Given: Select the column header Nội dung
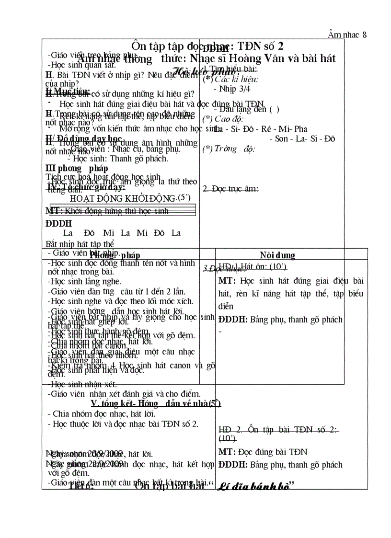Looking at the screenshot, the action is pyautogui.click(x=277, y=255).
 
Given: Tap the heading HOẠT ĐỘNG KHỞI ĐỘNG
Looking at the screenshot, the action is pyautogui.click(x=123, y=198).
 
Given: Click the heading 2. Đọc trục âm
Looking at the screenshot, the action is pyautogui.click(x=231, y=189).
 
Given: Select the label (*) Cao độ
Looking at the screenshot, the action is pyautogui.click(x=216, y=119).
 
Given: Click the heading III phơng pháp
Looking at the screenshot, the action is pyautogui.click(x=77, y=168).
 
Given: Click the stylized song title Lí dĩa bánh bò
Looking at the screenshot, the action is pyautogui.click(x=254, y=487).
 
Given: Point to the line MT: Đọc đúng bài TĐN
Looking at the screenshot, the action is pyautogui.click(x=263, y=452).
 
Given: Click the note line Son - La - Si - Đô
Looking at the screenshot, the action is pyautogui.click(x=302, y=139).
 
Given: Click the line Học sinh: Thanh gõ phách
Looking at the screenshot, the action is pyautogui.click(x=118, y=159).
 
